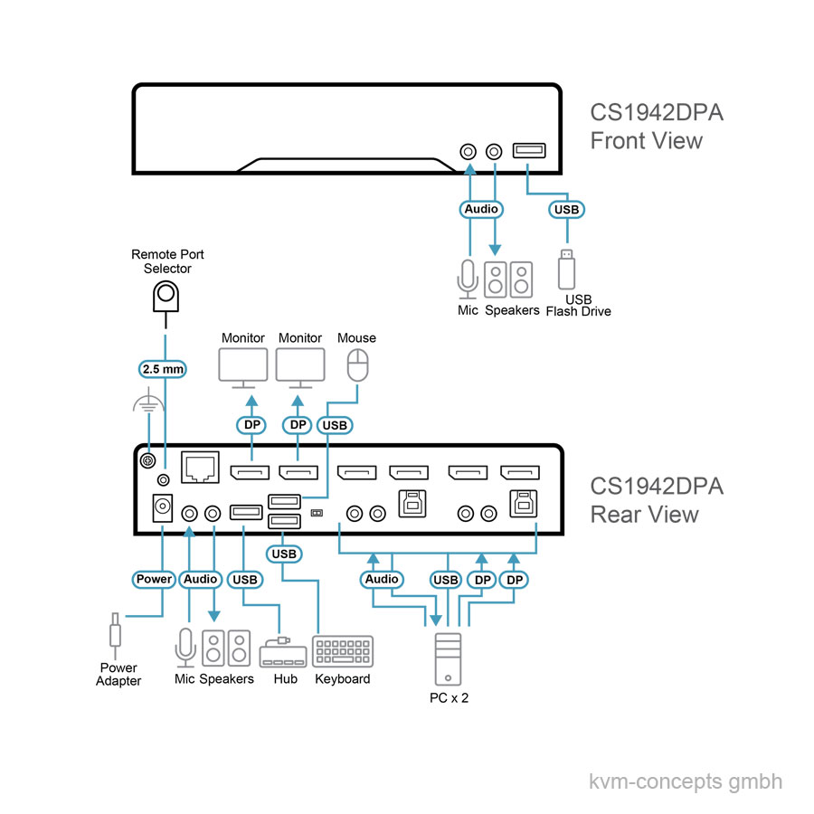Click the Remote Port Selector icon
[x=165, y=296]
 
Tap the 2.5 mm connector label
[x=164, y=368]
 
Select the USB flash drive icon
[x=567, y=269]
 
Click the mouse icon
[x=358, y=367]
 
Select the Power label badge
[x=154, y=579]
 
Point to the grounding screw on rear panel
[x=145, y=461]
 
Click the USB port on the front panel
[x=527, y=151]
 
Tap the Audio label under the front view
[x=481, y=209]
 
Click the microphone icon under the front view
[x=469, y=279]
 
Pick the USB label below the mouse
[x=335, y=423]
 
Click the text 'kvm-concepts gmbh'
[x=685, y=781]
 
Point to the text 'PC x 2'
[x=450, y=698]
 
